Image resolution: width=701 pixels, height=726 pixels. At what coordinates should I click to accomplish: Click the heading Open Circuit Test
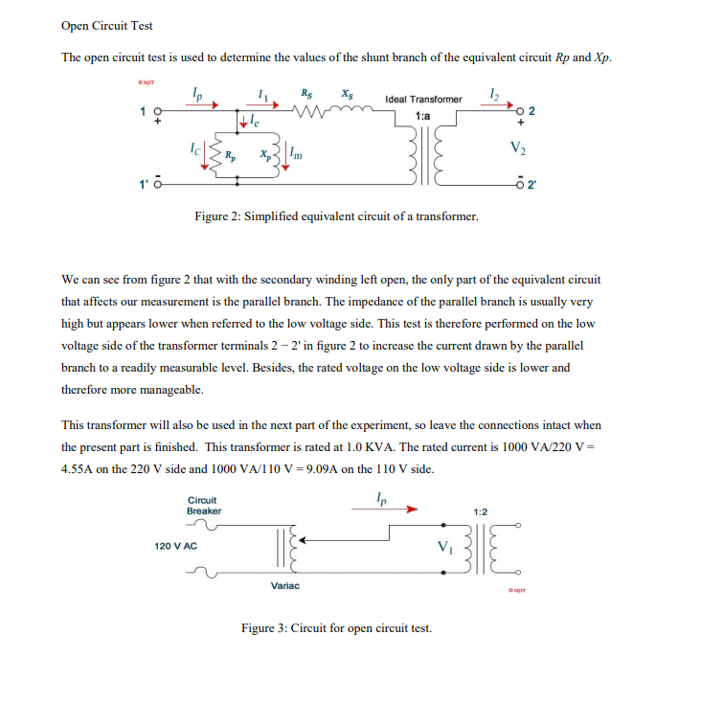point(106,26)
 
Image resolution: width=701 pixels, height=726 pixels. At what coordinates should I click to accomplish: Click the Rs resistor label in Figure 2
point(305,94)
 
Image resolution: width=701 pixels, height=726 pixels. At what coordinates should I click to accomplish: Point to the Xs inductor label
point(346,94)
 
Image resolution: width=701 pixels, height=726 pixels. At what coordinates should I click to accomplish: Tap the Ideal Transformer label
point(422,100)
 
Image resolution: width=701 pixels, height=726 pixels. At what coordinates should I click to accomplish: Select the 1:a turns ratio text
point(422,115)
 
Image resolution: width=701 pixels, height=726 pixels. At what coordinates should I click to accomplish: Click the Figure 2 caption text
point(336,216)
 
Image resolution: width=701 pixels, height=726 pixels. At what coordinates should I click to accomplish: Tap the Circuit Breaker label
point(203,505)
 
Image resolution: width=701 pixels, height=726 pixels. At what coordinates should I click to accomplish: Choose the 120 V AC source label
point(175,545)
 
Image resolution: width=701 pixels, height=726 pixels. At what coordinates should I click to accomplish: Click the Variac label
point(284,585)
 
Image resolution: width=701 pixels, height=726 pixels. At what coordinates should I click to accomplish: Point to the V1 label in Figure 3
point(442,547)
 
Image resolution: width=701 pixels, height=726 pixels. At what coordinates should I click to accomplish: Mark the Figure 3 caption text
point(336,628)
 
